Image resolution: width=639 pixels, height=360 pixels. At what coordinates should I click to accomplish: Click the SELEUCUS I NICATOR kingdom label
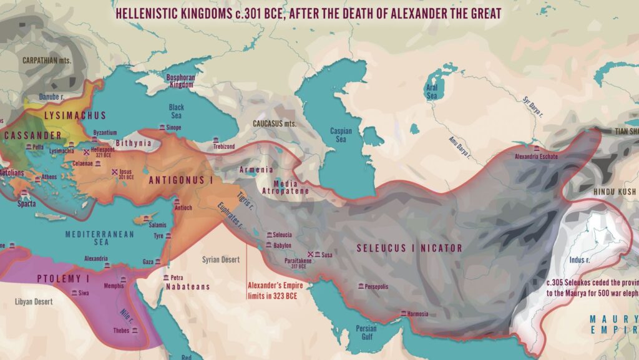pos(409,248)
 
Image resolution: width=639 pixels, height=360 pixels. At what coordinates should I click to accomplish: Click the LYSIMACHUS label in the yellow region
pos(76,115)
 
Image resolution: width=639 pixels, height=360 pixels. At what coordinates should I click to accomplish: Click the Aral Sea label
pos(432,93)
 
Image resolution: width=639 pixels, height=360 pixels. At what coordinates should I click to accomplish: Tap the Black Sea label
pos(177,112)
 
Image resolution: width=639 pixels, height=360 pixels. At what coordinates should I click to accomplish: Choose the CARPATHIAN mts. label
pos(47,61)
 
